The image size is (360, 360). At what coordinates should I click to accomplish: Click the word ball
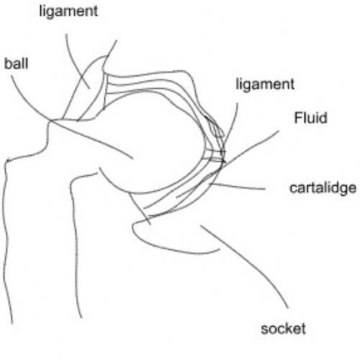coord(17,63)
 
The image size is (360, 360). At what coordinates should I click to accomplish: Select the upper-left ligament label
coord(68,12)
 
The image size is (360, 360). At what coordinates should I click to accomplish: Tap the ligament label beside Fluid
coord(265,84)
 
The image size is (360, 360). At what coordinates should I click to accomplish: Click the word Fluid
coord(310,117)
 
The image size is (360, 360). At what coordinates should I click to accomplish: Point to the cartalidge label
coord(323,188)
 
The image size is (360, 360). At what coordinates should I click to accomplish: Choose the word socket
coord(283,328)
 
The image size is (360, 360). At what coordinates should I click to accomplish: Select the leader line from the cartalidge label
coord(237,186)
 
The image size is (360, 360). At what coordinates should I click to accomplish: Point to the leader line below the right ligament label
coord(233,122)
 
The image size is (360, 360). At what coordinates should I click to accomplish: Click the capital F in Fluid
coord(298,117)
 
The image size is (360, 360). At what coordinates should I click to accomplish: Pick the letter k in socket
coord(289,328)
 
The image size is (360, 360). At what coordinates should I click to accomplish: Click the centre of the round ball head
coord(153,143)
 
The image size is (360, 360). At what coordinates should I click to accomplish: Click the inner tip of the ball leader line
coord(132,158)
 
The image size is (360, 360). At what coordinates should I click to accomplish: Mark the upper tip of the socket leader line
coord(201,225)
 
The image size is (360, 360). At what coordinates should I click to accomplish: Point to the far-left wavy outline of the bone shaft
coord(6,240)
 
